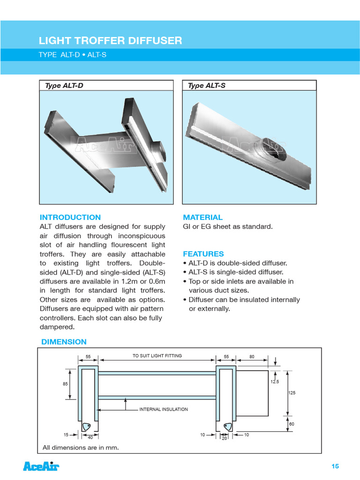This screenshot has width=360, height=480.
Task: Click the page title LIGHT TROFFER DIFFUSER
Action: coord(110,41)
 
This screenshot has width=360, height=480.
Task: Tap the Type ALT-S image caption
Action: coord(206,85)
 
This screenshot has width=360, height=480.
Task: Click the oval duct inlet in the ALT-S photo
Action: coord(272,149)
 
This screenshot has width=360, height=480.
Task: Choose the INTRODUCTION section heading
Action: coord(70,217)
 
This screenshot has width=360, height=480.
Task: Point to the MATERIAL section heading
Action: coord(202,217)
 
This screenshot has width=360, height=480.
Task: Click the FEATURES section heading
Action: coord(203,254)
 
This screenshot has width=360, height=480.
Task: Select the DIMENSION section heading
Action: coord(64,342)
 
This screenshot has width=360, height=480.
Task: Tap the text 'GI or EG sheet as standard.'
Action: coord(227,227)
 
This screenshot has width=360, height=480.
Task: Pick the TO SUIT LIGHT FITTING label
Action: coord(157,356)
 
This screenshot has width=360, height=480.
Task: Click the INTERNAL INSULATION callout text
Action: coord(164,409)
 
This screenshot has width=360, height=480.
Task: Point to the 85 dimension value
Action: coord(65,384)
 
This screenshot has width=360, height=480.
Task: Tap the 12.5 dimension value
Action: coord(274,382)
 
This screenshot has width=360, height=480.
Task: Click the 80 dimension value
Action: coord(252,357)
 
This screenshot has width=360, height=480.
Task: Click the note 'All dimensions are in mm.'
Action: coord(81,448)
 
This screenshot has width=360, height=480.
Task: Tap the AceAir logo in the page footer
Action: coord(41,466)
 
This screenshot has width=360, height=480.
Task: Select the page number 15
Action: coord(335,466)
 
